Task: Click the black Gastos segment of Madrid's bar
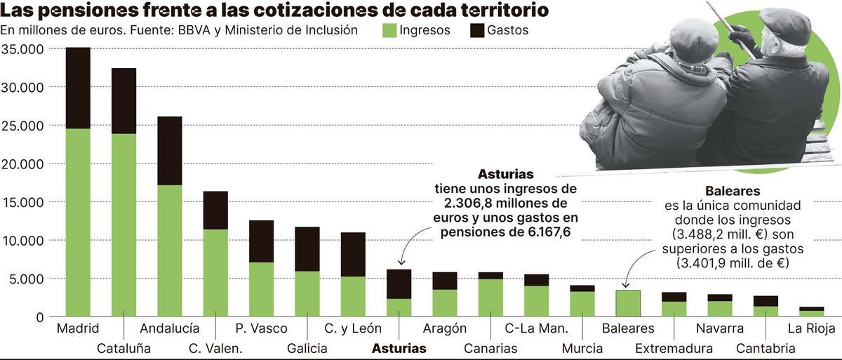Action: [x=78, y=88]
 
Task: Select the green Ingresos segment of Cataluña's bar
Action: [x=124, y=225]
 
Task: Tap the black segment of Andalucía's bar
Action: [x=170, y=150]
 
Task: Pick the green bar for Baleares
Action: [x=627, y=303]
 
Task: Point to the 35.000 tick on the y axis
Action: [x=23, y=49]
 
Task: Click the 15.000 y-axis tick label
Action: [x=23, y=202]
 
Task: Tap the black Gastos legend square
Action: [x=477, y=30]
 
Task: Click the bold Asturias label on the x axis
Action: [x=399, y=348]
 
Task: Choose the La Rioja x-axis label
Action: [x=811, y=328]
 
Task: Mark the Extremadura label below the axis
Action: [x=674, y=348]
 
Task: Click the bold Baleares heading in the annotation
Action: [x=733, y=191]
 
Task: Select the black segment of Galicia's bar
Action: [x=307, y=248]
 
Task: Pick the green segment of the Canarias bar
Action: [x=490, y=298]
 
